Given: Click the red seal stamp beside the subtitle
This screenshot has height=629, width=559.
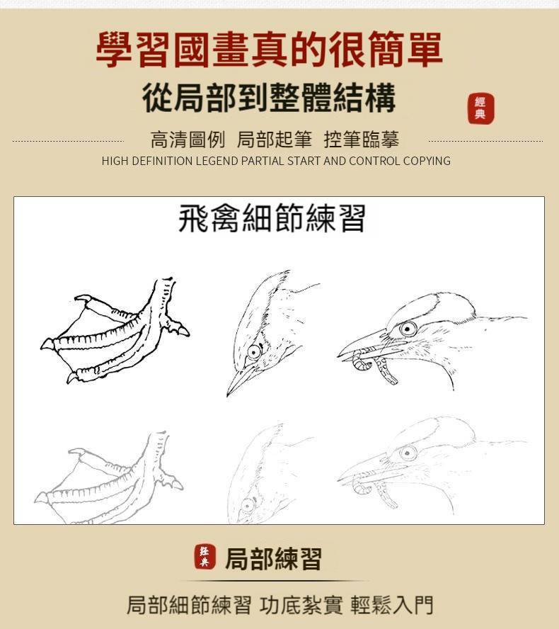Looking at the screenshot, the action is pyautogui.click(x=480, y=108).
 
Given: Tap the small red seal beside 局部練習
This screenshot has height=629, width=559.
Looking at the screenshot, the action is pyautogui.click(x=204, y=557).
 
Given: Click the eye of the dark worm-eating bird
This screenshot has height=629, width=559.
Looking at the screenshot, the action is pyautogui.click(x=408, y=329).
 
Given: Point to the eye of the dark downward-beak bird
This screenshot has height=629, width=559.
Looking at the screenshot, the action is pyautogui.click(x=255, y=352).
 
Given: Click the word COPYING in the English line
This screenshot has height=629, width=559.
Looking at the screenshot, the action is pyautogui.click(x=427, y=161).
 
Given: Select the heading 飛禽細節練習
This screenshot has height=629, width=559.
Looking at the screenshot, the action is pyautogui.click(x=272, y=218).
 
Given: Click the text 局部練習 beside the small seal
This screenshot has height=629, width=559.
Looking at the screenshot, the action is pyautogui.click(x=274, y=558).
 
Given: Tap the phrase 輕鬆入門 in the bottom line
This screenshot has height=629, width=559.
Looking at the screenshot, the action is pyautogui.click(x=392, y=605).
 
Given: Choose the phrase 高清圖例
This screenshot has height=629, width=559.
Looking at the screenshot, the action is pyautogui.click(x=188, y=140).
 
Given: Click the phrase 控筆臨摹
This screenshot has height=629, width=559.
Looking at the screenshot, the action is pyautogui.click(x=362, y=140).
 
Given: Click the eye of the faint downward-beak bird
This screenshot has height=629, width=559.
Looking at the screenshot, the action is pyautogui.click(x=248, y=504).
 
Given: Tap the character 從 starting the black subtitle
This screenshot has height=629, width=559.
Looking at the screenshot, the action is pyautogui.click(x=158, y=98).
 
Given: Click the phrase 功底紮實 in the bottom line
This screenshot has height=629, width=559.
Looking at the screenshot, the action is pyautogui.click(x=301, y=605).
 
